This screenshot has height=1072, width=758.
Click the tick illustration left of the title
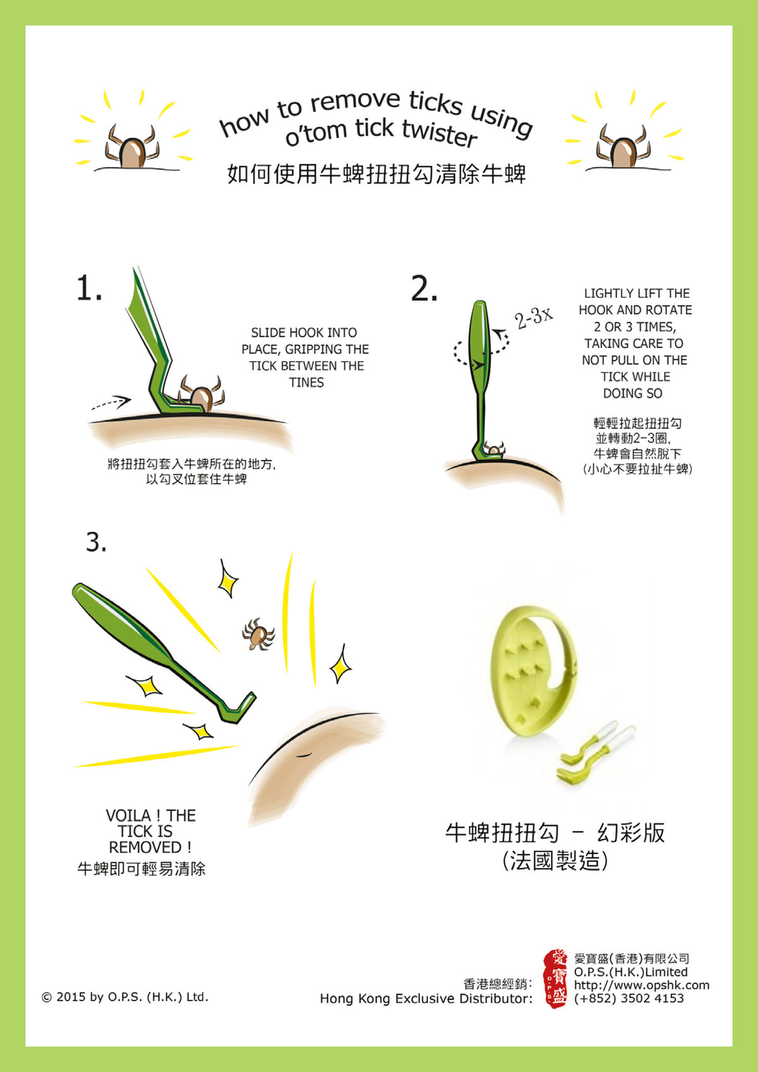click(131, 147)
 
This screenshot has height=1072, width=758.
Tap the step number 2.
click(424, 289)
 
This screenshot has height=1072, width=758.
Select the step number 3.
click(96, 542)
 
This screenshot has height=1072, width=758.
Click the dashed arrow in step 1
click(111, 402)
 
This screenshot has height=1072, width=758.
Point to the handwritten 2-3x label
click(534, 318)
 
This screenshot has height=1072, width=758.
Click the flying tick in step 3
click(258, 634)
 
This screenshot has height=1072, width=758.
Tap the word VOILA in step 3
click(128, 816)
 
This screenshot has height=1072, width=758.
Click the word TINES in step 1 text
click(306, 382)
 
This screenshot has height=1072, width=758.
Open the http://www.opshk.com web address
click(642, 985)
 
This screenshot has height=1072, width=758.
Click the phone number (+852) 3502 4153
click(629, 998)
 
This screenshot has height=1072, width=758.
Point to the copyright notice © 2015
click(125, 997)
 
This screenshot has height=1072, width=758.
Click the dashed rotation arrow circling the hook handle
click(481, 352)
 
